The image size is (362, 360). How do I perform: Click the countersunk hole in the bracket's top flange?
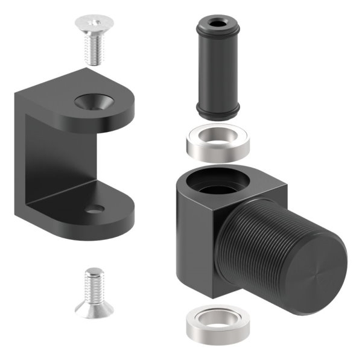tap(94, 100)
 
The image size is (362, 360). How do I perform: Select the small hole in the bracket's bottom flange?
tap(95, 209)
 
